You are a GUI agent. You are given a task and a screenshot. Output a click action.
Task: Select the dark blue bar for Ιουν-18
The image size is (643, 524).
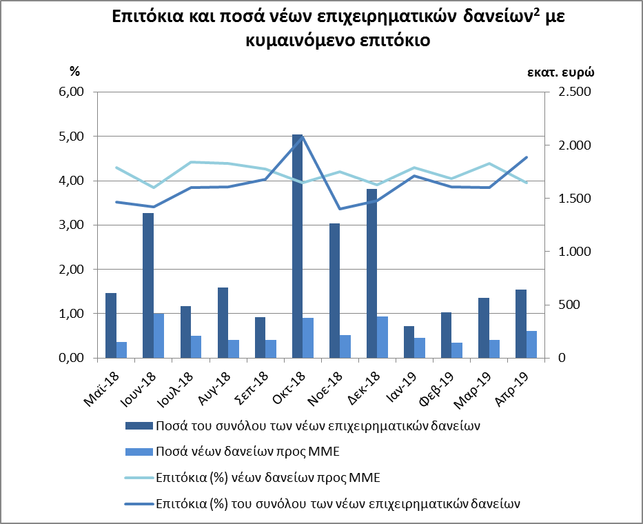(x=147, y=285)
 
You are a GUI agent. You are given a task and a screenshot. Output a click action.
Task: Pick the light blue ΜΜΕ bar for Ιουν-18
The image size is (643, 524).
(x=159, y=336)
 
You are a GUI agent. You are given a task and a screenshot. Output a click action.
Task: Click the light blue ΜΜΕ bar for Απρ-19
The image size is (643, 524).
(x=532, y=345)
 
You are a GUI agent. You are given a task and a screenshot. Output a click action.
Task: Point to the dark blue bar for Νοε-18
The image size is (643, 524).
(x=335, y=290)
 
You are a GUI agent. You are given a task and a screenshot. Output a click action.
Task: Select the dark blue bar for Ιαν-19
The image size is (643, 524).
(x=409, y=342)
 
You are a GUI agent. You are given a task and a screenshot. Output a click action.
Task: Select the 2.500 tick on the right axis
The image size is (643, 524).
(x=569, y=92)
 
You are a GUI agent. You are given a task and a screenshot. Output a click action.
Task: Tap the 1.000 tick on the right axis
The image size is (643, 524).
(x=569, y=252)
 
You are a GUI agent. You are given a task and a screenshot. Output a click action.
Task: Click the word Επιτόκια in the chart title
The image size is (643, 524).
(x=150, y=19)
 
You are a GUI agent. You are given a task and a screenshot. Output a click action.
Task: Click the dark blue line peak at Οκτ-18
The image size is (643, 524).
(x=302, y=137)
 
